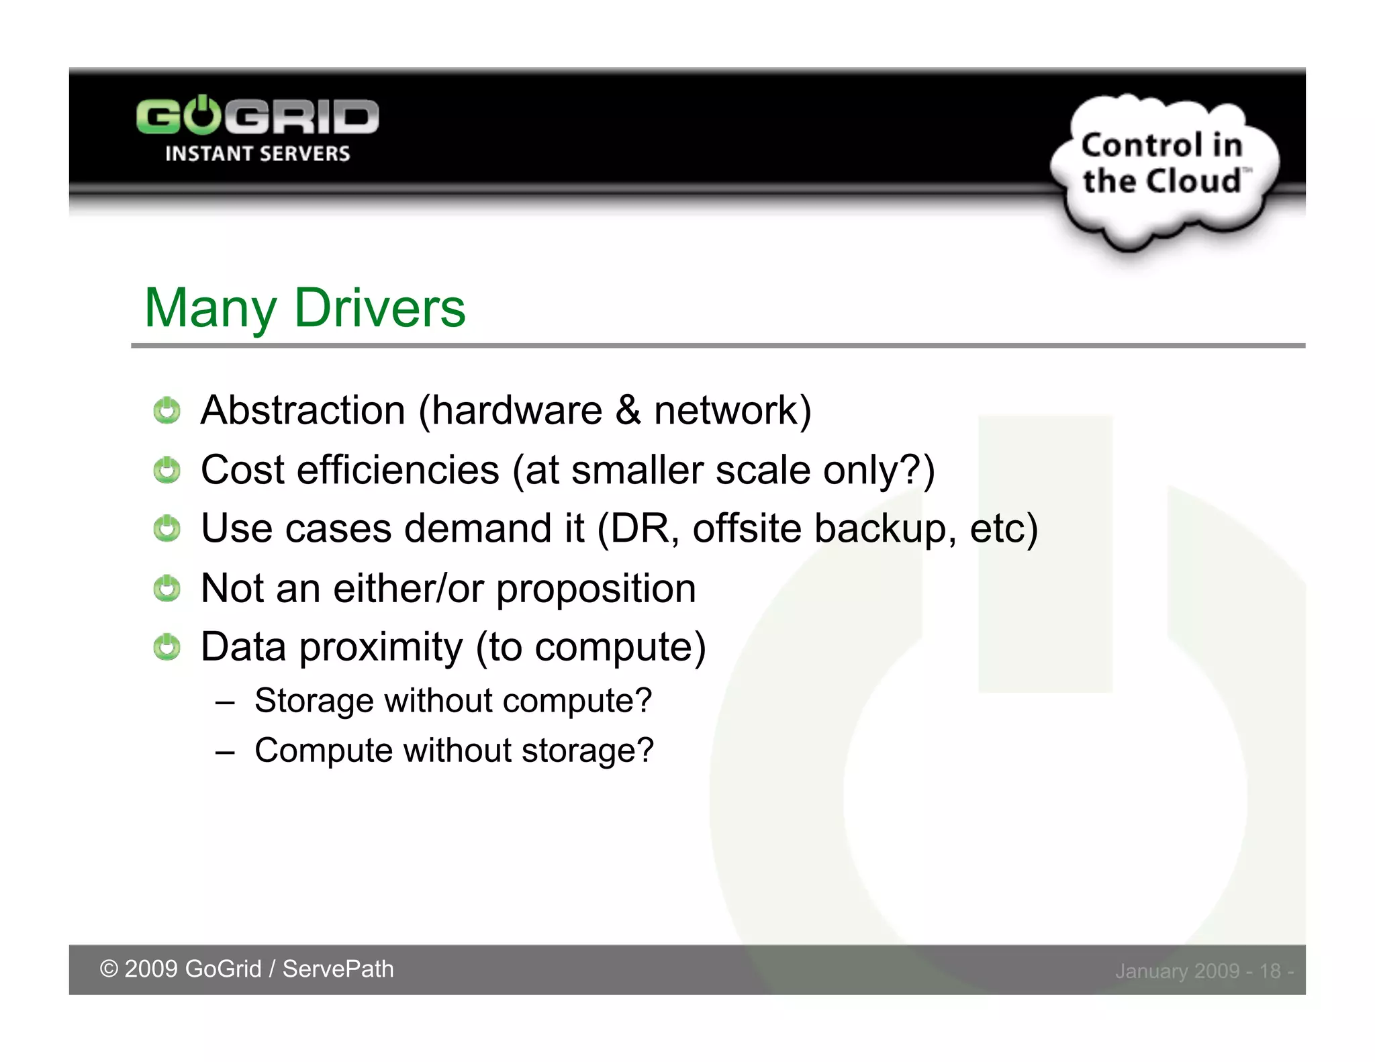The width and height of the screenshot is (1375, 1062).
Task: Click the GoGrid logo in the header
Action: (x=257, y=117)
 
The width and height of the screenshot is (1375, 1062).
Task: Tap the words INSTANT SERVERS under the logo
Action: (x=257, y=154)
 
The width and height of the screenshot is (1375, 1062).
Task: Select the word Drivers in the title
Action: (x=379, y=308)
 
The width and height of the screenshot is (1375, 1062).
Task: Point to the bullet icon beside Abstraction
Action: (x=167, y=410)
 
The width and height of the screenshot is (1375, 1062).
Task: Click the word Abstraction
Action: (x=303, y=410)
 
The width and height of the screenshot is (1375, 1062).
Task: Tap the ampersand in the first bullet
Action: (x=628, y=410)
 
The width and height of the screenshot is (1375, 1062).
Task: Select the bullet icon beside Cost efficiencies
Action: (x=167, y=470)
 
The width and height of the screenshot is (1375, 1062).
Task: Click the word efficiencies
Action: (x=398, y=469)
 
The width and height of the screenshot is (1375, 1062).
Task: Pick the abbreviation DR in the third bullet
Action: (x=640, y=528)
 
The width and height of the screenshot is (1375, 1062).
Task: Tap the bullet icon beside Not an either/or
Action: (x=167, y=588)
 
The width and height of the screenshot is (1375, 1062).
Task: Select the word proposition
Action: (x=596, y=589)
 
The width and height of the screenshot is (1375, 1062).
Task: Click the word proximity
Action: (x=381, y=647)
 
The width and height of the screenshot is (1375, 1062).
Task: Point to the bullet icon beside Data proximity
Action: (x=167, y=647)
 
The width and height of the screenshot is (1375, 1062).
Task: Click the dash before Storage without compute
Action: (x=225, y=702)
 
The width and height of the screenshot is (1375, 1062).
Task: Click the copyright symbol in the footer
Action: (x=108, y=969)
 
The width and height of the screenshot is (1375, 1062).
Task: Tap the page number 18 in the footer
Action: (x=1270, y=971)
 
